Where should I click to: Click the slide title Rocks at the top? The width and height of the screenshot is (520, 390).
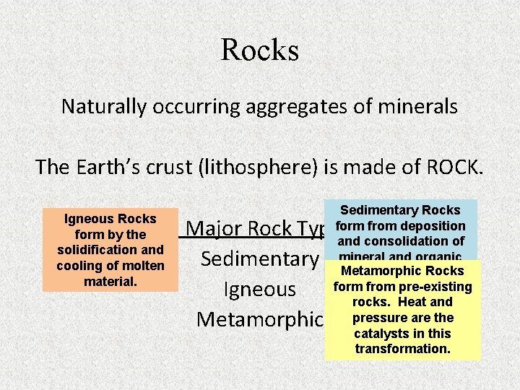click(260, 50)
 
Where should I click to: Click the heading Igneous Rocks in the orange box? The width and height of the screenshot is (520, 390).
click(110, 219)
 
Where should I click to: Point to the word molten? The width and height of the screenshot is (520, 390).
click(145, 265)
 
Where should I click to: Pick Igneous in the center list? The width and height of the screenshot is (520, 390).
click(260, 290)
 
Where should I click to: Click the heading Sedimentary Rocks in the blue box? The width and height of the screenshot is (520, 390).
click(400, 210)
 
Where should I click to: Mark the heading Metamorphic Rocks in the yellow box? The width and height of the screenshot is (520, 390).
click(403, 272)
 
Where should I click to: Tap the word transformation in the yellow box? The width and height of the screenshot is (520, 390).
click(403, 349)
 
